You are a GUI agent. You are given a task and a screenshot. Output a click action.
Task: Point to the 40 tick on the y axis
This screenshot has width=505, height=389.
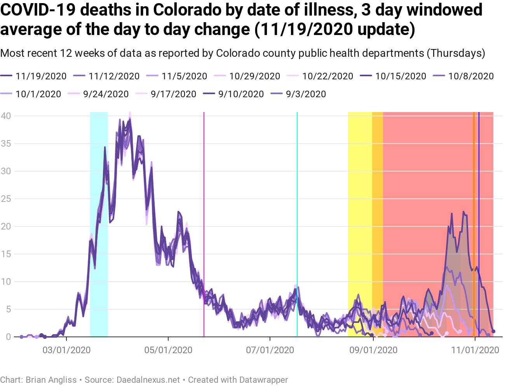pos(6,116)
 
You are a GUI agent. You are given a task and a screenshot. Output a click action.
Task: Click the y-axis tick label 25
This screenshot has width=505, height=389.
pos(6,199)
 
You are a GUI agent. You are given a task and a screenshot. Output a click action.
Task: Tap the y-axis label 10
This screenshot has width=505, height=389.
pos(6,282)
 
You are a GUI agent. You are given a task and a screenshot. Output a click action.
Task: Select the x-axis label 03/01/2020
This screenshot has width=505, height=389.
pos(66,350)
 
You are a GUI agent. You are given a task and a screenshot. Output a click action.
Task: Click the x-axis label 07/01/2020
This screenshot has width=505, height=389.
pos(270,350)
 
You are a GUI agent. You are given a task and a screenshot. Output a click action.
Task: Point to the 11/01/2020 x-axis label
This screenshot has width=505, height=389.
pos(475,350)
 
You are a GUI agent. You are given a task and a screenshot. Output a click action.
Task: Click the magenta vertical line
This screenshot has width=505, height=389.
pos(204,194)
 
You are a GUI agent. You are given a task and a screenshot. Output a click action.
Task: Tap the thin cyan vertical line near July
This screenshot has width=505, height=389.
pos(297,194)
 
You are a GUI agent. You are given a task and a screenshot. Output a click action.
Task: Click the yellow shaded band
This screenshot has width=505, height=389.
pos(360,194)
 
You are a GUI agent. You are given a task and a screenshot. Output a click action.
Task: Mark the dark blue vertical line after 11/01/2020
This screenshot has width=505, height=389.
pos(479,194)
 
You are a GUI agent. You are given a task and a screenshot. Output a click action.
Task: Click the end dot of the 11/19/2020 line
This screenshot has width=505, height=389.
pos(493,331)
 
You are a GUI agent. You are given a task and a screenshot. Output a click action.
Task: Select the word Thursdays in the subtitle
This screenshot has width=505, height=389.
pos(456,53)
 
